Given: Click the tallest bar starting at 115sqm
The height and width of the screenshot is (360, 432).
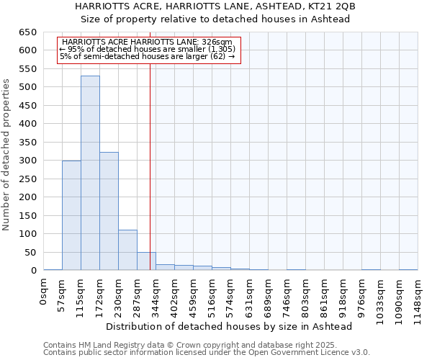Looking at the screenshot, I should coord(90,173).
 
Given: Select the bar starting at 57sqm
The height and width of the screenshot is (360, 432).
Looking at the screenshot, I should coord(71,215).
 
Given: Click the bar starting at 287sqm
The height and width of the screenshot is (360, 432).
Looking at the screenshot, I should coord(146,261).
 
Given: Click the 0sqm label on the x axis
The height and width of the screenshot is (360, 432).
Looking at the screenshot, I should coord(44,291).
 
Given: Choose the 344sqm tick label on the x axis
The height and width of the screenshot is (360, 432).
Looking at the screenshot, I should coord(156,295).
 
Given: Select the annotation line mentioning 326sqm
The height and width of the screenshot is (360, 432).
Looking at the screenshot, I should coord(148,42).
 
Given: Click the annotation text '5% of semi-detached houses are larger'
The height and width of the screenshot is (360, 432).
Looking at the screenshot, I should coord(148,56).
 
